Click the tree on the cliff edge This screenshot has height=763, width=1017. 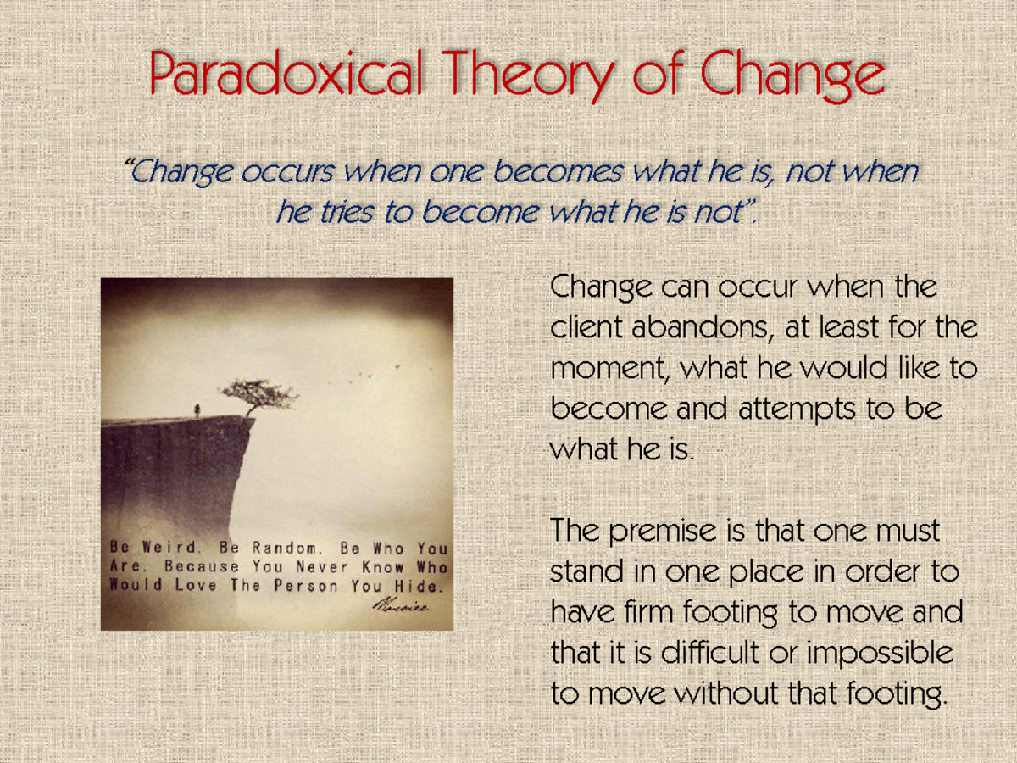click(x=257, y=395)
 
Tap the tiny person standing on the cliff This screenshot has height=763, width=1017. click(x=197, y=410)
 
